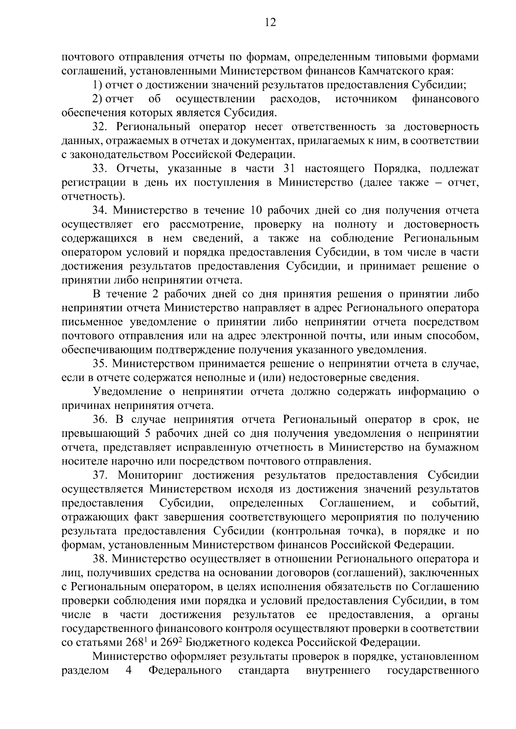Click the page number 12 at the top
tap(270, 23)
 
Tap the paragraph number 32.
tap(100, 127)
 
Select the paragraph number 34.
tap(100, 210)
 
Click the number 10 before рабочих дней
tap(252, 210)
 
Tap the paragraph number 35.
tap(100, 364)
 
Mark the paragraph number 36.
tap(100, 420)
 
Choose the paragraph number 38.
tap(100, 559)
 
